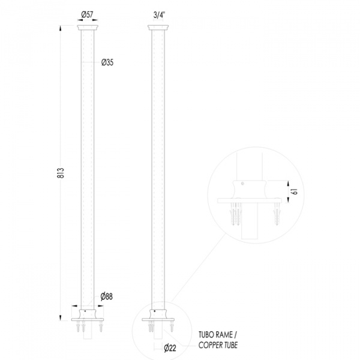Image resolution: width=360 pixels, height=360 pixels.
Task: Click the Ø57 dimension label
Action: [x=87, y=14]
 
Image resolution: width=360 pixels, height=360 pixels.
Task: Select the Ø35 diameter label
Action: [x=107, y=62]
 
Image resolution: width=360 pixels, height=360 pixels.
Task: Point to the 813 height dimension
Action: [x=60, y=173]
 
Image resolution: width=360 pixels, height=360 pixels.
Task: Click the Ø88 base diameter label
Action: [x=107, y=296]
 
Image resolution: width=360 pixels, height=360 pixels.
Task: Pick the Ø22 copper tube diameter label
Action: [x=170, y=348]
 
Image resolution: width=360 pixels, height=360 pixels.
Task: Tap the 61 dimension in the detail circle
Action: [x=295, y=191]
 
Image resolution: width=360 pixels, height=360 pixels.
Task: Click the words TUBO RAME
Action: [x=215, y=335]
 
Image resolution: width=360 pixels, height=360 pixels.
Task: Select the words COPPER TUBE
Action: [x=218, y=345]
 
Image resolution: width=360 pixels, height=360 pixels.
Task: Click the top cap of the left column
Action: [x=88, y=28]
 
